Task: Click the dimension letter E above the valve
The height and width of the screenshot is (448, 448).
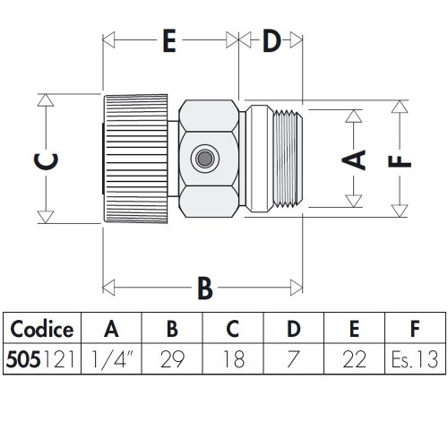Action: (x=168, y=42)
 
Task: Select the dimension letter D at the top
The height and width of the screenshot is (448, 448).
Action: (x=271, y=42)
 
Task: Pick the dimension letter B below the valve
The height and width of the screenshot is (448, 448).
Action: (x=204, y=289)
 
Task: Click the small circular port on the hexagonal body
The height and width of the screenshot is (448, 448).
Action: (x=204, y=159)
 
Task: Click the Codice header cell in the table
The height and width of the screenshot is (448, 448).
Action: (x=42, y=328)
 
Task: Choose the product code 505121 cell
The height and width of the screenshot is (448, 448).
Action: (x=42, y=359)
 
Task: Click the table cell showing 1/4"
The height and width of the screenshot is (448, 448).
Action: (x=111, y=359)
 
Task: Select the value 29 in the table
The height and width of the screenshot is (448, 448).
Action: (x=172, y=359)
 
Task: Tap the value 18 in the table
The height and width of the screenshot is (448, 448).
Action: (x=232, y=359)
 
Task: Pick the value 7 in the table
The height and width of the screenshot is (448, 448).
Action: (x=292, y=359)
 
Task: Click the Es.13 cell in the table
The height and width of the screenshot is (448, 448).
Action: (x=413, y=359)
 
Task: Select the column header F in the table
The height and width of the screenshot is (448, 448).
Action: (x=413, y=328)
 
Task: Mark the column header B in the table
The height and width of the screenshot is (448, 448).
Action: (x=172, y=328)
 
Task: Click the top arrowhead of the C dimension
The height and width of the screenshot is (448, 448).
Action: (x=42, y=99)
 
